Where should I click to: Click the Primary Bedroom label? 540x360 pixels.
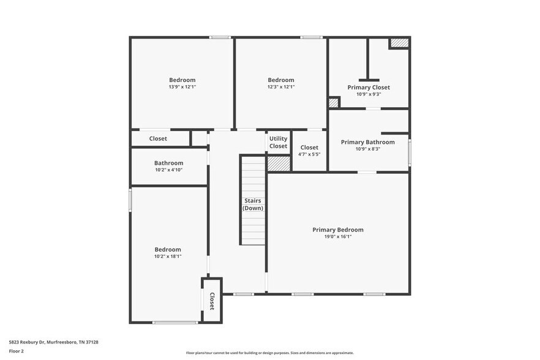click(x=337, y=230)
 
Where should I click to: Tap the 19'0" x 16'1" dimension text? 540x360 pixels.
click(x=337, y=237)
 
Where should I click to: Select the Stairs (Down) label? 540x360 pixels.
click(x=253, y=204)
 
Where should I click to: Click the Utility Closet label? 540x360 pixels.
click(x=278, y=143)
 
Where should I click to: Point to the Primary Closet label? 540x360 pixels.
click(x=369, y=88)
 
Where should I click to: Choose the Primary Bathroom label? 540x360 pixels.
click(x=367, y=142)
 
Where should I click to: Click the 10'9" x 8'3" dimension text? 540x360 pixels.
click(x=367, y=149)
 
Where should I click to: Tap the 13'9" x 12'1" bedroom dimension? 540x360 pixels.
click(x=182, y=87)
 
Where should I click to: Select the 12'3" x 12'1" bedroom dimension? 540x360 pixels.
click(x=281, y=87)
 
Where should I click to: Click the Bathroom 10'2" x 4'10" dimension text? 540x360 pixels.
click(x=168, y=170)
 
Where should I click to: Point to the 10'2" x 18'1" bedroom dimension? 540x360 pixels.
click(x=168, y=257)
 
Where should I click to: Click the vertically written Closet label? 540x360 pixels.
click(x=212, y=301)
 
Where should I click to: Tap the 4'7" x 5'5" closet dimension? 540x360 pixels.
click(x=309, y=154)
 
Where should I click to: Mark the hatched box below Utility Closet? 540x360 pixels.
click(x=278, y=163)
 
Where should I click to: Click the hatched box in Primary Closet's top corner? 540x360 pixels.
click(x=399, y=43)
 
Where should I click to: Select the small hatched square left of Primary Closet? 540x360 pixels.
click(x=334, y=103)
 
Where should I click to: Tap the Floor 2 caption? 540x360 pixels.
click(x=17, y=351)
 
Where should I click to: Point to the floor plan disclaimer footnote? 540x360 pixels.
click(x=269, y=353)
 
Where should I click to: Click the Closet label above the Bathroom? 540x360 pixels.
click(x=158, y=139)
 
